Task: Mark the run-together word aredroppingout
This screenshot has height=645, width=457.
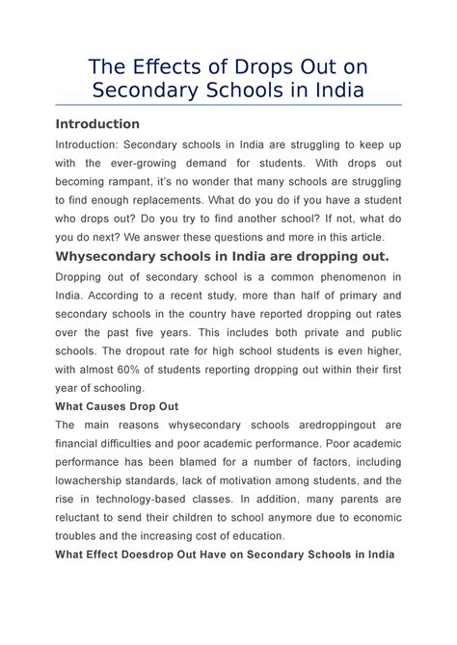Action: pos(324,426)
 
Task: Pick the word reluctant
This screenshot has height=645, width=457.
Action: pos(84,519)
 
